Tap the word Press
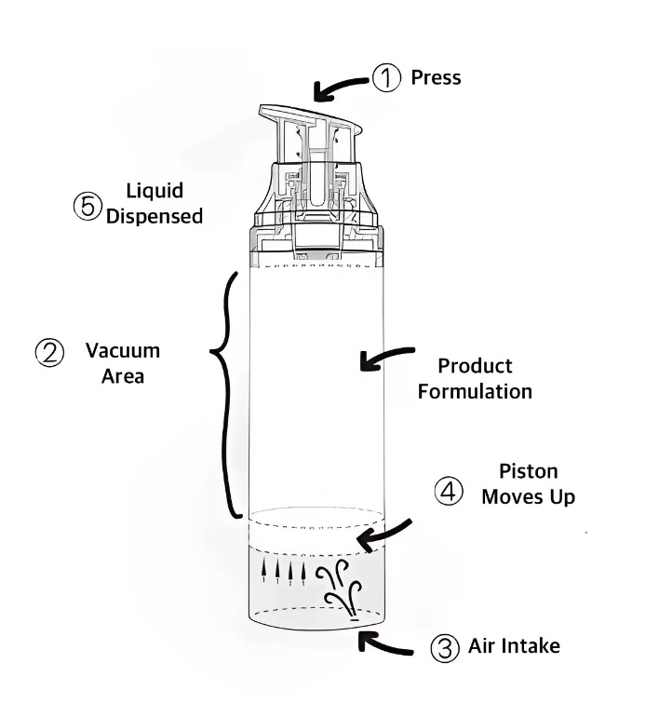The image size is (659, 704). click(x=436, y=77)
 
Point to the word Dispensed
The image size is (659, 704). click(x=155, y=216)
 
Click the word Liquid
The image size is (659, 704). click(x=155, y=191)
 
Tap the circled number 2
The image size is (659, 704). click(x=48, y=352)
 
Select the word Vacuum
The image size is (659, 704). click(x=123, y=351)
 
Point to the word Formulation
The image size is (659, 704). click(x=475, y=391)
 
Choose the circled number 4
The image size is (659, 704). click(x=450, y=491)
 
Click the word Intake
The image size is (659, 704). click(x=530, y=644)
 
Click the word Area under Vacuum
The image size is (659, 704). click(x=123, y=377)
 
